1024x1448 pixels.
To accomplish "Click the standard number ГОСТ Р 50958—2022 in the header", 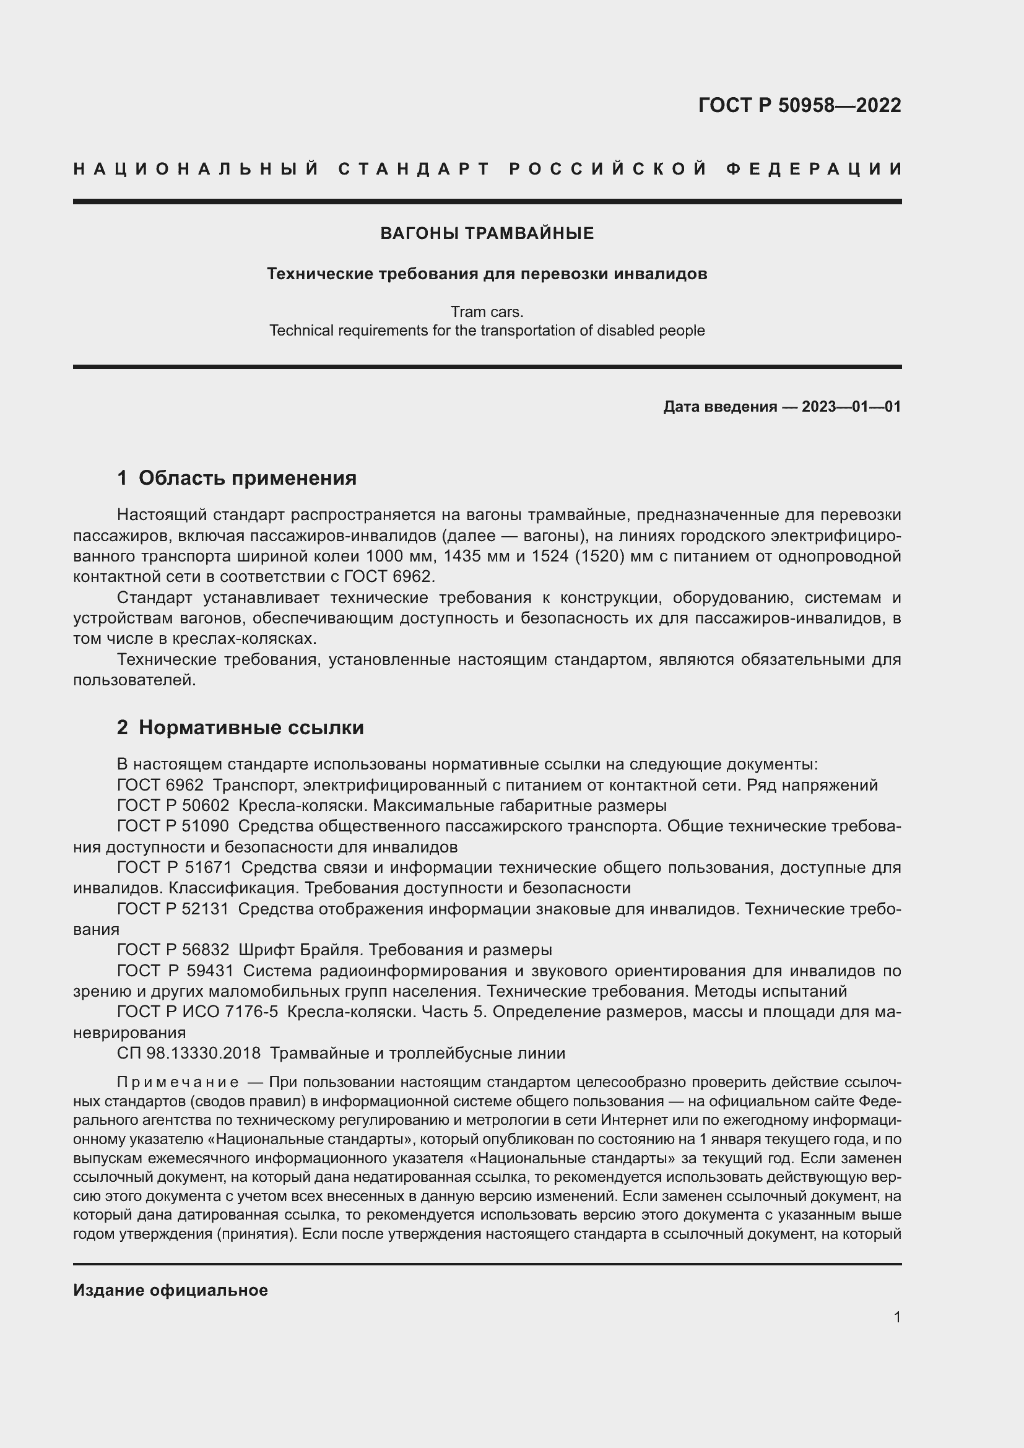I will click(799, 105).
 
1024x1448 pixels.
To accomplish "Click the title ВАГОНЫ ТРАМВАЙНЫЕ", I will click(487, 234).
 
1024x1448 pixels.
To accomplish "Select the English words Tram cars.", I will click(487, 312).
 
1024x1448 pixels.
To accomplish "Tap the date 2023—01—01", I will click(851, 407).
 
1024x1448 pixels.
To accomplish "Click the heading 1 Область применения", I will click(236, 479).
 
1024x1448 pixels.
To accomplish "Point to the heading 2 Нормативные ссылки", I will click(240, 728).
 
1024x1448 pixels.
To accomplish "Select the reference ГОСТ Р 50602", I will click(173, 806).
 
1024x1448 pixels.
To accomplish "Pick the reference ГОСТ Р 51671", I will click(174, 868).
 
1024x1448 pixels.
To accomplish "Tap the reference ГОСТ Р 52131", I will click(173, 909).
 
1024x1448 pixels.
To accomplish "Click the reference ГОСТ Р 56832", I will click(173, 950).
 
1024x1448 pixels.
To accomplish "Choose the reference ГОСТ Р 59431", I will click(175, 971).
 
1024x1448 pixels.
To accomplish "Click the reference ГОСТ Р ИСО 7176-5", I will click(197, 1012).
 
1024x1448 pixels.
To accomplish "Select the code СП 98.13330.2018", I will click(189, 1053).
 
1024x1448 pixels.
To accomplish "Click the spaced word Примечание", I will click(178, 1083).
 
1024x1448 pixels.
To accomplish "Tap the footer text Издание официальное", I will click(170, 1290).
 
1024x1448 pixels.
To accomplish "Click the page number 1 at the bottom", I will click(896, 1317).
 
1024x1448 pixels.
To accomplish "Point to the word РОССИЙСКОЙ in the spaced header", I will click(608, 169).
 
